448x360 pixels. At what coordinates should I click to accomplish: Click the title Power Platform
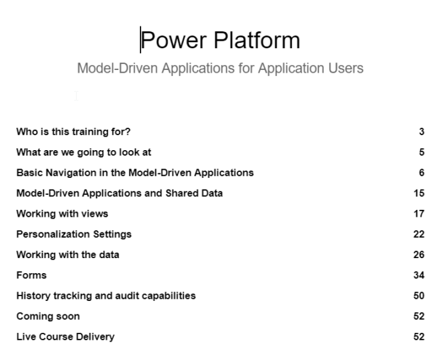pos(220,41)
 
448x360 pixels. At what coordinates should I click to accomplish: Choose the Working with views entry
pos(62,214)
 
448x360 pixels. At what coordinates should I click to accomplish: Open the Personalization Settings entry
pos(73,234)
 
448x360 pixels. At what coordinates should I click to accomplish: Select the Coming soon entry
pos(48,316)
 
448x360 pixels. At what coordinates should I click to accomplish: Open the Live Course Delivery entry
pos(65,337)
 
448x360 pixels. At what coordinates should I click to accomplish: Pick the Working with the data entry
pos(67,255)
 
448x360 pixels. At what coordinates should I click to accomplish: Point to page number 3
pos(422,132)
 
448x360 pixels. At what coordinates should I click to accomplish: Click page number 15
pos(419,193)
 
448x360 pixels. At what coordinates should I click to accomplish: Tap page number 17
pos(419,214)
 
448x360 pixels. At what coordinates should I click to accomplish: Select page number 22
pos(419,234)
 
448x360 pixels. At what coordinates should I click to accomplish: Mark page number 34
pos(419,275)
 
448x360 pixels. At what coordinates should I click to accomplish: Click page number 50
pos(419,295)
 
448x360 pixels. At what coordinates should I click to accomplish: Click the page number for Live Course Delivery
pos(419,337)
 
